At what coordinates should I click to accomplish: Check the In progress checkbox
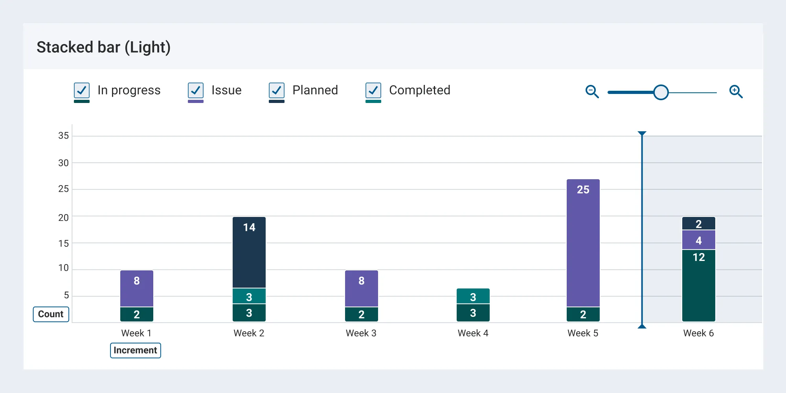(82, 90)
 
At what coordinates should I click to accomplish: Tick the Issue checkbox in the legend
(196, 90)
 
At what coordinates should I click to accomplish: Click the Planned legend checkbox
(277, 90)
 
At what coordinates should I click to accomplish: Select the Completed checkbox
(373, 90)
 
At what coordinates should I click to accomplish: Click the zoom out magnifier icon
(592, 92)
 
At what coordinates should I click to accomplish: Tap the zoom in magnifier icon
(736, 92)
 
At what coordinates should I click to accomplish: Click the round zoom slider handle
(661, 92)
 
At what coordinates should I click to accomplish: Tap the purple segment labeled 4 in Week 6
(699, 240)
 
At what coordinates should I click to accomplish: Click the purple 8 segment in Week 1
(137, 289)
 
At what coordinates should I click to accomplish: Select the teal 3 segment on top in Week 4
(473, 296)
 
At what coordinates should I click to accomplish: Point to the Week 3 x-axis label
(361, 333)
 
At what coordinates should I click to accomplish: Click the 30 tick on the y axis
(63, 163)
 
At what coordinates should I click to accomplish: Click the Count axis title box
(51, 314)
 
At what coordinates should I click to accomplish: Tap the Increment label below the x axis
(135, 350)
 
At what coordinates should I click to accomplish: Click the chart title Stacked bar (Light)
(103, 48)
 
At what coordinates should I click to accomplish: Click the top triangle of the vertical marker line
(642, 134)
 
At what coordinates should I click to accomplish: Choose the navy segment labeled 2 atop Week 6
(699, 224)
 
